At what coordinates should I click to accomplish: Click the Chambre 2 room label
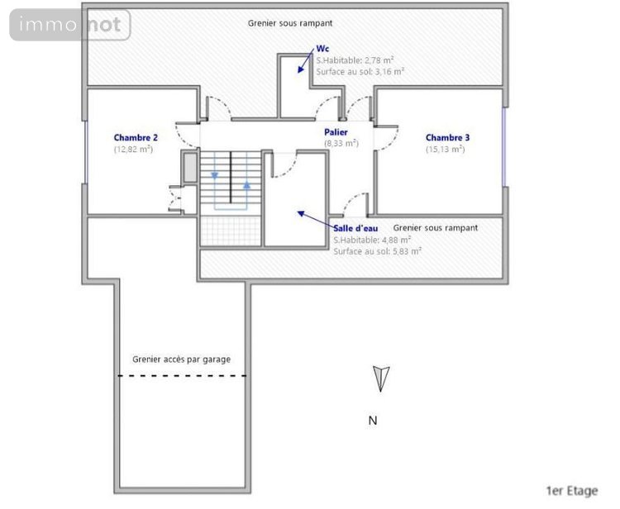click(x=136, y=137)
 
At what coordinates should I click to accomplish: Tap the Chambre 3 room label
click(x=447, y=137)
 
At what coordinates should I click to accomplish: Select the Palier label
click(x=336, y=131)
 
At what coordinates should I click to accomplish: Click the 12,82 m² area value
click(x=134, y=150)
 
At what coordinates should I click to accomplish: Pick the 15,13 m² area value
click(x=446, y=150)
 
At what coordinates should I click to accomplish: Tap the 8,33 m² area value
click(x=340, y=143)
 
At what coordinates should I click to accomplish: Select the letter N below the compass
click(x=373, y=421)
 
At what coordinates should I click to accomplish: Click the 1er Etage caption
click(x=572, y=491)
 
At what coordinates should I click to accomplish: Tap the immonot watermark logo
click(x=70, y=26)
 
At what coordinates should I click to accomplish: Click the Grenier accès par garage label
click(x=181, y=359)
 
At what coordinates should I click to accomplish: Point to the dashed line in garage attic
click(x=182, y=376)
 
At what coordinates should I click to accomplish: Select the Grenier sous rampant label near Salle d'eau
click(x=436, y=228)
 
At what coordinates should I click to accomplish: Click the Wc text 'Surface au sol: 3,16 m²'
click(x=360, y=72)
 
